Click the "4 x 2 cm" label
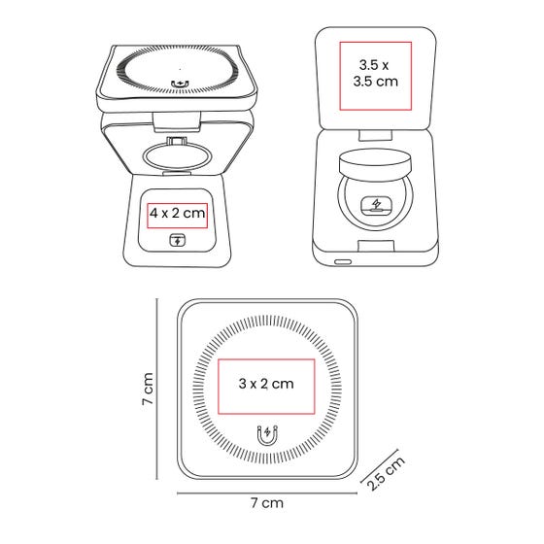coord(177,213)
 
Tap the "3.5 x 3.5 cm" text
coord(375,73)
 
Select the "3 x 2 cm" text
coord(266,384)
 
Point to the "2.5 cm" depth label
coord(386,473)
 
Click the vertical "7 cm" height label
coord(148,389)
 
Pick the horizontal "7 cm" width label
coord(267,503)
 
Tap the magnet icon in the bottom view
coord(267,435)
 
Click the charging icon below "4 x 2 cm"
coord(177,240)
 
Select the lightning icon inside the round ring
coord(376,204)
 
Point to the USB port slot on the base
coord(343,261)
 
